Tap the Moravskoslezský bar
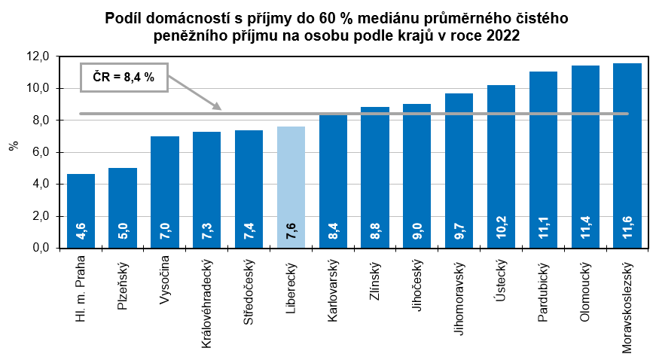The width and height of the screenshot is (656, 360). pyautogui.click(x=627, y=151)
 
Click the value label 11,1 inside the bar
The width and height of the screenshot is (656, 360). pyautogui.click(x=543, y=230)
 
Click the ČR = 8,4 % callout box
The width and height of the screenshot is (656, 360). pyautogui.click(x=124, y=76)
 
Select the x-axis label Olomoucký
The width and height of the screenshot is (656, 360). pyautogui.click(x=585, y=291)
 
